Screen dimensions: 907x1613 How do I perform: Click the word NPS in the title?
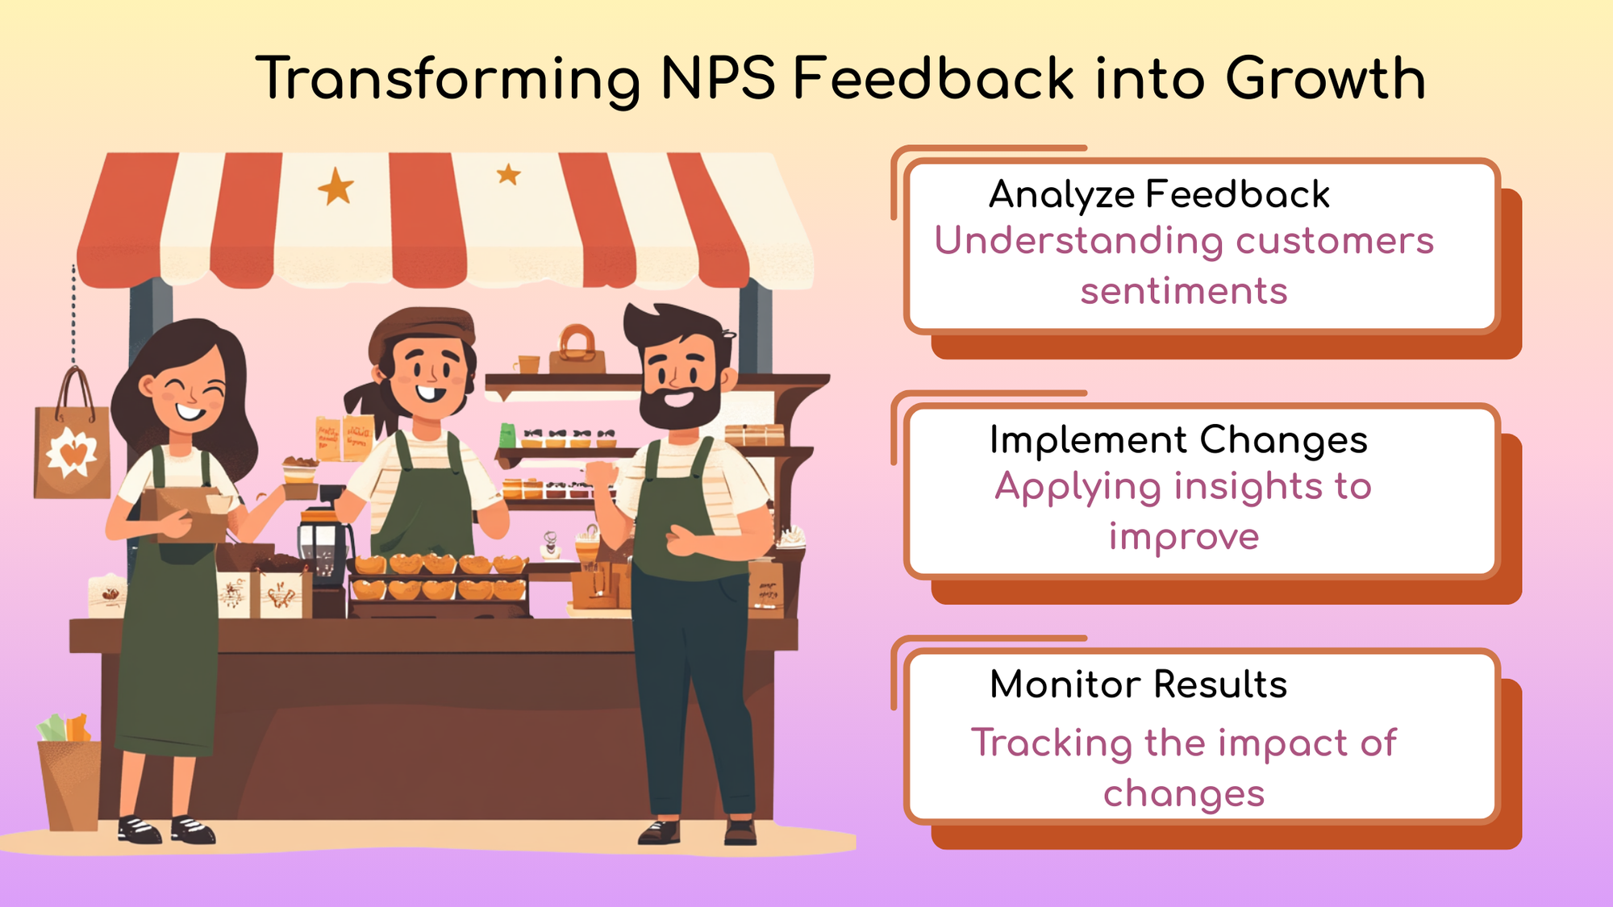(717, 79)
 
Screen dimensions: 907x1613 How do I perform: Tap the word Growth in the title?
(1325, 79)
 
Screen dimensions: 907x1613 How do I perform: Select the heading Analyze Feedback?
(1159, 194)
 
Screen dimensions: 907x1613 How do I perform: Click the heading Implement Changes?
(1178, 440)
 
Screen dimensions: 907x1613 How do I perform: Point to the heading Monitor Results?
(1138, 684)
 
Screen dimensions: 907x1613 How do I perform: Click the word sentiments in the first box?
(1184, 291)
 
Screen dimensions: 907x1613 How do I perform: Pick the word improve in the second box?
(1184, 536)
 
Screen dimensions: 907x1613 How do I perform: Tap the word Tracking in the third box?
(1051, 743)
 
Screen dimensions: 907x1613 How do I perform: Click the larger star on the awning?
(336, 188)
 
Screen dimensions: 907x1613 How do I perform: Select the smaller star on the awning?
(508, 173)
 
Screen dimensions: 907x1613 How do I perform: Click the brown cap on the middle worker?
(422, 326)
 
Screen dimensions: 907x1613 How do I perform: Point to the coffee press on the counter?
(324, 544)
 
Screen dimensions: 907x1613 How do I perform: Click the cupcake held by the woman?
(299, 471)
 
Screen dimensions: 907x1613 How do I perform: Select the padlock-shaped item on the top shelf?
(577, 348)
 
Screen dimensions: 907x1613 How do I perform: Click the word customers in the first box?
(1334, 241)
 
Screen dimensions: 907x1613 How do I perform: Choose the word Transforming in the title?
(448, 79)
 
